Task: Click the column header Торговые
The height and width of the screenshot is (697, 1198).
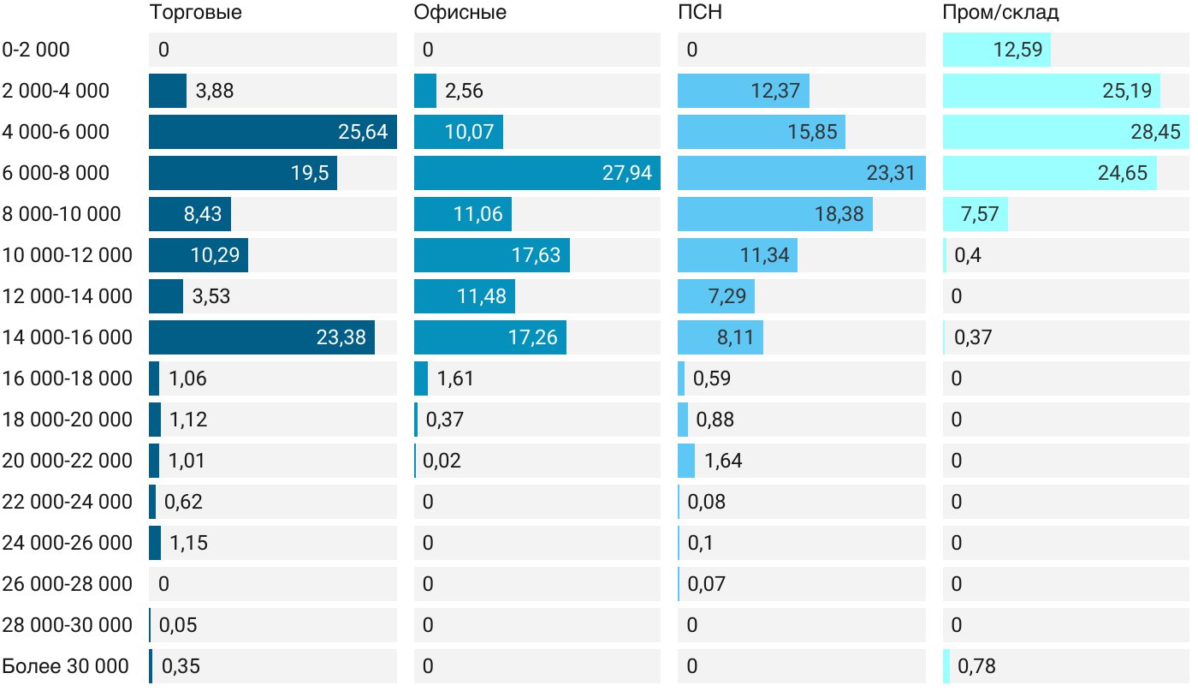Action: [195, 13]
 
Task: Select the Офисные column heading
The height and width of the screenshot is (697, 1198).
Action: [460, 13]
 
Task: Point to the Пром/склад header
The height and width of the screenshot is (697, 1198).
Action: [1000, 13]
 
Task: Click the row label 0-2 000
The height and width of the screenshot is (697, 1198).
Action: [36, 50]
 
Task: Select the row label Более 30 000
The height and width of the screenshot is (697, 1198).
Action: [65, 666]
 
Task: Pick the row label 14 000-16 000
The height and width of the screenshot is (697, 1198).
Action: [68, 337]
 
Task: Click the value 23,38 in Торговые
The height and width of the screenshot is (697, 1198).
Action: [341, 337]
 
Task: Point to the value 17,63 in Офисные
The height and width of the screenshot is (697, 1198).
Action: [536, 255]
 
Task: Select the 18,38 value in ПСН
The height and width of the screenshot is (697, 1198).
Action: [839, 214]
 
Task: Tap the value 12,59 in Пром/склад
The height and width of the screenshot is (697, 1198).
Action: [1017, 50]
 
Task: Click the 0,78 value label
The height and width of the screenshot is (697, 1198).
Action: [976, 666]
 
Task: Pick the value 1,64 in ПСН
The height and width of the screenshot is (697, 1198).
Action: [723, 461]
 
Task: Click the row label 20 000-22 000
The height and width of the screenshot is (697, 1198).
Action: [68, 461]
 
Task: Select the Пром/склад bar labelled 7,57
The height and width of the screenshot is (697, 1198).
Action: [976, 214]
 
